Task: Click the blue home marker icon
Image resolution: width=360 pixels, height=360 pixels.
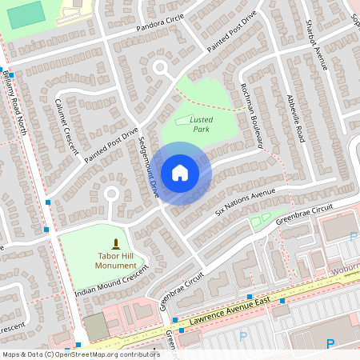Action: pos(180,173)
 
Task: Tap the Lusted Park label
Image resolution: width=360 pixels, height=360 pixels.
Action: pos(200,123)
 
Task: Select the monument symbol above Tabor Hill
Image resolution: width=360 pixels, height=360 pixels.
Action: pos(117,243)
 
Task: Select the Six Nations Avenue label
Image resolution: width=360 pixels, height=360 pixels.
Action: pos(245,204)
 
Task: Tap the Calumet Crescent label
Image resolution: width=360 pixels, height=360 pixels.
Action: pos(66,125)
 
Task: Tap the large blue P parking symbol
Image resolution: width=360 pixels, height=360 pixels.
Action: pos(330,345)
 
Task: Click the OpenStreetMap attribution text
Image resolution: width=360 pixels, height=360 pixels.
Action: pos(80,354)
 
